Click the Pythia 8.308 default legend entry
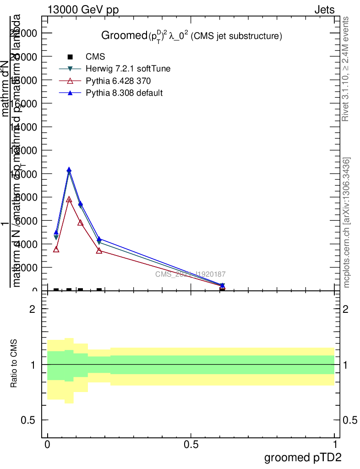(x=124, y=93)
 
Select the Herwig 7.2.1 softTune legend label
(x=128, y=69)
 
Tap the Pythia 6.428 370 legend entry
(x=118, y=81)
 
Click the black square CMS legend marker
(x=70, y=57)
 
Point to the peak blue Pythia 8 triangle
(x=69, y=170)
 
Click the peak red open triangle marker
(x=69, y=200)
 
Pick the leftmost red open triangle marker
(x=56, y=249)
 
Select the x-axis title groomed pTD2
(x=303, y=457)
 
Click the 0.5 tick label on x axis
(x=191, y=445)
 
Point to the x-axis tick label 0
(x=48, y=445)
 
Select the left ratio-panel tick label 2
(x=33, y=309)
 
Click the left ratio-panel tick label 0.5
(x=28, y=420)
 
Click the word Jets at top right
(x=324, y=10)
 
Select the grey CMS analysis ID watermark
(x=190, y=274)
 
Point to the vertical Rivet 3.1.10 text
(x=346, y=69)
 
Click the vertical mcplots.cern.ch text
(x=347, y=223)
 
